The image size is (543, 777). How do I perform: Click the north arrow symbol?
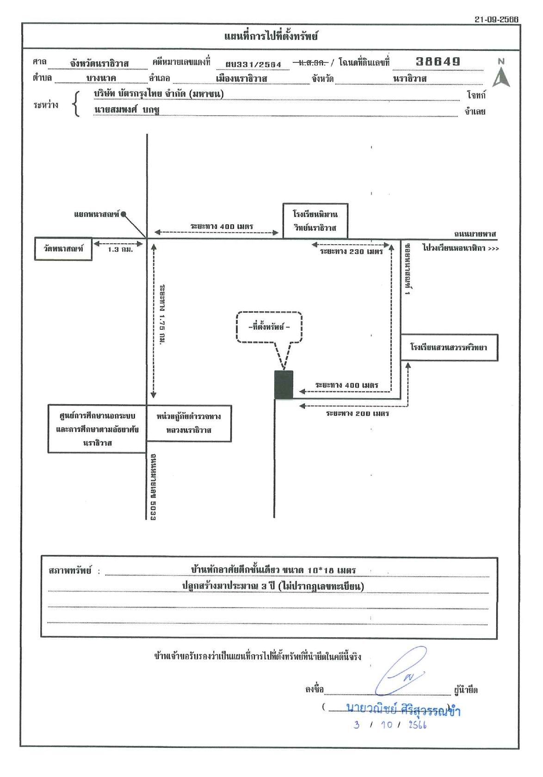(x=501, y=76)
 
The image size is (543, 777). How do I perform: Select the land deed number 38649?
(x=438, y=62)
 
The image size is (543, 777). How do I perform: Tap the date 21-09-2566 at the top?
(x=496, y=19)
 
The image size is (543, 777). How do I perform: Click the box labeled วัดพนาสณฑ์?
(x=63, y=249)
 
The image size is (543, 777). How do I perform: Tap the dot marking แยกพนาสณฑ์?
(x=123, y=214)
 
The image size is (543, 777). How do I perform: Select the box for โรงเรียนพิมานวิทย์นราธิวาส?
(x=315, y=221)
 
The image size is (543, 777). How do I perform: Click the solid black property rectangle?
(x=284, y=384)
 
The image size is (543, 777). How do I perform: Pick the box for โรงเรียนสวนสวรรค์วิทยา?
(x=449, y=348)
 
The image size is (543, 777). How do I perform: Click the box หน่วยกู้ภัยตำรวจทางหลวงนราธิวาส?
(x=189, y=423)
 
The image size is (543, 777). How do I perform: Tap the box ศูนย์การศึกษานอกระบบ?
(x=97, y=429)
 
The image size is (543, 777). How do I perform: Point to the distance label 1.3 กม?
(x=120, y=250)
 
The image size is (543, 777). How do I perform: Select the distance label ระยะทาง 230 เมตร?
(x=351, y=252)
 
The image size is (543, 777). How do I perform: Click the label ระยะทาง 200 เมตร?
(x=358, y=413)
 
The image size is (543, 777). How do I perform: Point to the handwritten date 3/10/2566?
(x=390, y=725)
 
